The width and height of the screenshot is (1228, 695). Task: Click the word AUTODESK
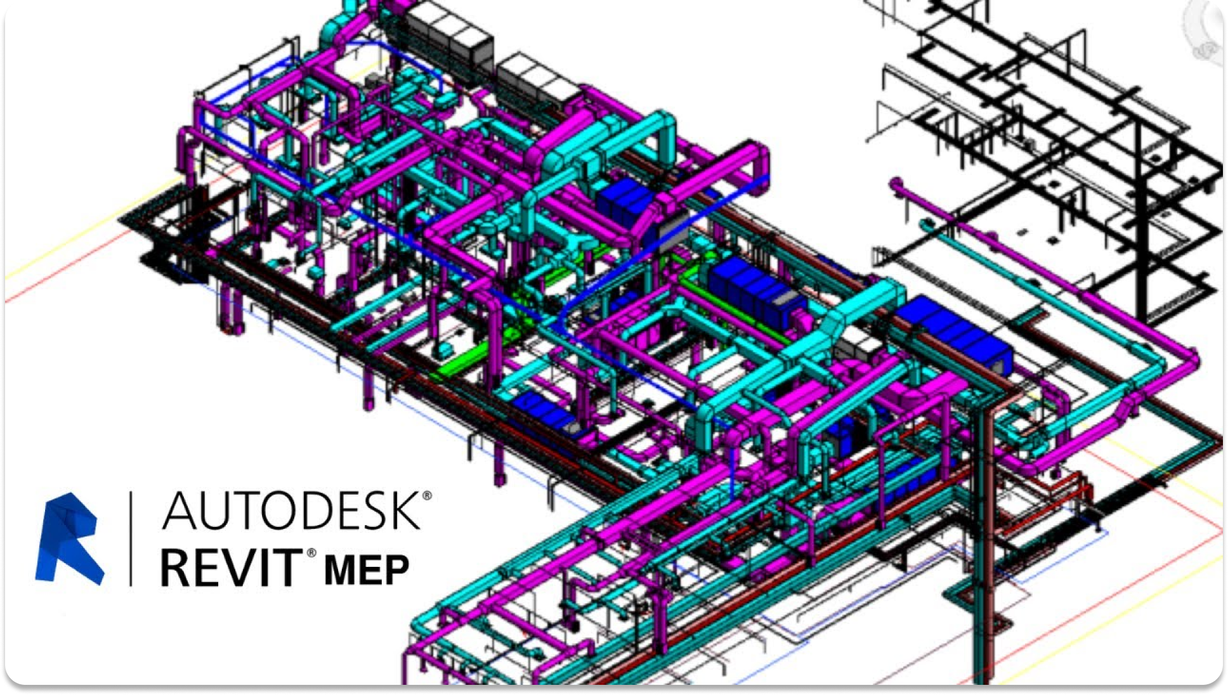tap(291, 511)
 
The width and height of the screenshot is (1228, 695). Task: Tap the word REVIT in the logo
tap(232, 568)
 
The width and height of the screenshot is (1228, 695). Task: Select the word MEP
tap(367, 569)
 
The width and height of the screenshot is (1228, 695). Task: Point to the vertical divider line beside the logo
tap(131, 538)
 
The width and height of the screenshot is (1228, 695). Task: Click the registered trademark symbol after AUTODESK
tap(427, 495)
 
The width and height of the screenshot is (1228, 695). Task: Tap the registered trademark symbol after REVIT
tap(311, 553)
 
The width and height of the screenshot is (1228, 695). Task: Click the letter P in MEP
tap(398, 569)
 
